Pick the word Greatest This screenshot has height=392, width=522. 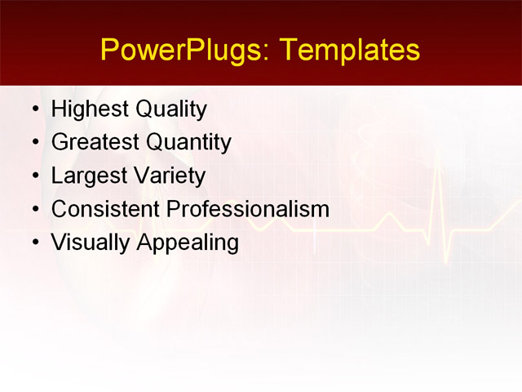(95, 143)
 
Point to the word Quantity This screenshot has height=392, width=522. (188, 143)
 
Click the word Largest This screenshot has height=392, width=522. (88, 176)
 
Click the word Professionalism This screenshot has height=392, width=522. (248, 210)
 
